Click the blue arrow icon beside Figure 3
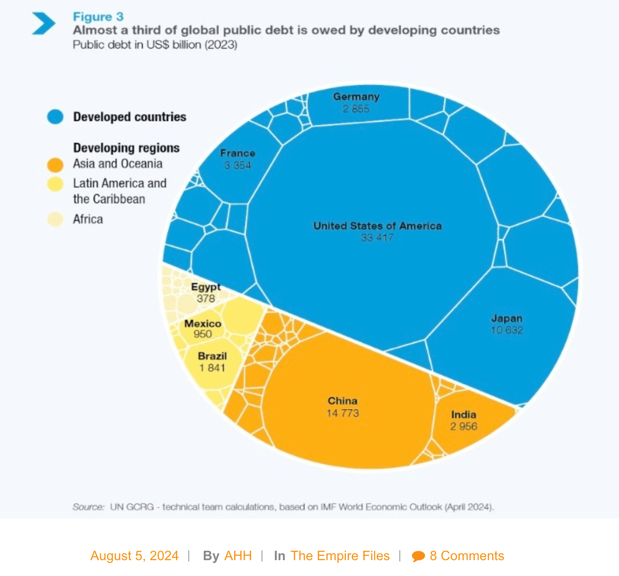44,23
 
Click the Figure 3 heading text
98,17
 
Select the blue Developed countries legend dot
55,116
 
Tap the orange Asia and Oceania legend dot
55,164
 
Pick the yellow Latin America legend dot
55,184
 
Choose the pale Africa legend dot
55,219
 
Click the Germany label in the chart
356,97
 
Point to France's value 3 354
238,165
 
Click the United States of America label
377,226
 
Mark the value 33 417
377,238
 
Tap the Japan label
507,318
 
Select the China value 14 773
342,413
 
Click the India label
464,414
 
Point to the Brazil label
212,356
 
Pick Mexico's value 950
202,334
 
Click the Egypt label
206,287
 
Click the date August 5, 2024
134,555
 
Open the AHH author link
238,555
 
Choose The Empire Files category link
340,555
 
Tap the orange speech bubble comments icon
418,556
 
